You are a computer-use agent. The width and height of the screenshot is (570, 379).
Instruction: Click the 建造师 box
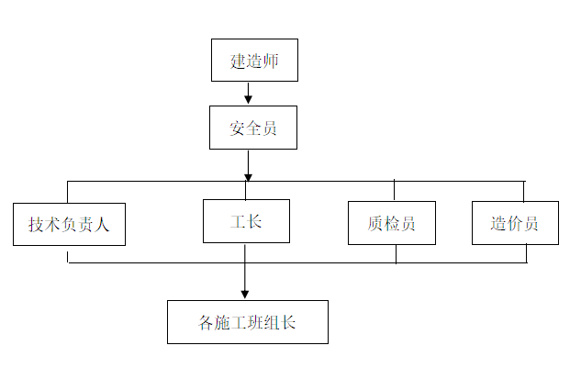pyautogui.click(x=254, y=61)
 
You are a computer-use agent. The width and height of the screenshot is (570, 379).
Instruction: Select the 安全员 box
pyautogui.click(x=252, y=128)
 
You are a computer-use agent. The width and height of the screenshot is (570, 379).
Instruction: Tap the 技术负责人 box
pyautogui.click(x=69, y=224)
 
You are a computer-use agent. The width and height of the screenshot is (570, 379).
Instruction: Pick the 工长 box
pyautogui.click(x=246, y=221)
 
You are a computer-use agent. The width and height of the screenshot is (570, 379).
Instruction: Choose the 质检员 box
pyautogui.click(x=391, y=223)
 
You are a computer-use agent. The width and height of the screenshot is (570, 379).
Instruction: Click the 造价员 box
pyautogui.click(x=515, y=223)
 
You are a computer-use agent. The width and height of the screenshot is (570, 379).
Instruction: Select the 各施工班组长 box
pyautogui.click(x=248, y=322)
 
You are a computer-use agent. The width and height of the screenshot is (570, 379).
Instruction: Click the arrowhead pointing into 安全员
pyautogui.click(x=248, y=100)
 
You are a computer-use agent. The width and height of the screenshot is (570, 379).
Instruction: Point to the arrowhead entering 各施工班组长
pyautogui.click(x=245, y=294)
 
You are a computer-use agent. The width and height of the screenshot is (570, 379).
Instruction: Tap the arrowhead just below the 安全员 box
pyautogui.click(x=248, y=175)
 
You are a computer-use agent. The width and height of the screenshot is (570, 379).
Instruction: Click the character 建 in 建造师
pyautogui.click(x=237, y=61)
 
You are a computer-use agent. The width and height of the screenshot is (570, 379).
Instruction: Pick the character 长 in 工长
pyautogui.click(x=254, y=221)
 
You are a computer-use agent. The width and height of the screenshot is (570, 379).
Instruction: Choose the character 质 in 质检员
pyautogui.click(x=374, y=224)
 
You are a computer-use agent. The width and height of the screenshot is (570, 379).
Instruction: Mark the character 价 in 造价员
pyautogui.click(x=515, y=224)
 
